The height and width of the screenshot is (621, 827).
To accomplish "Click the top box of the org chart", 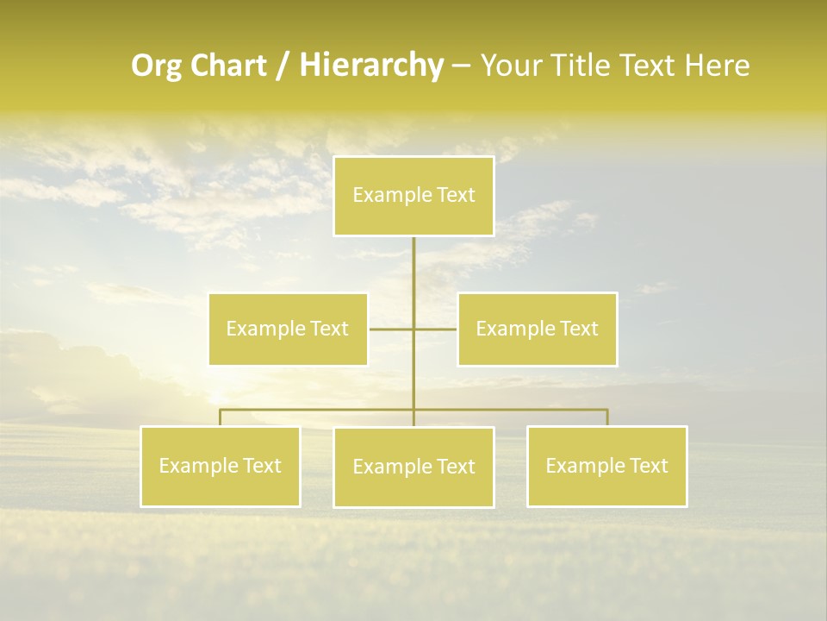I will [x=413, y=196].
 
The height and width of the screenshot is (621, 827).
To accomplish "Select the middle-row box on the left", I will [x=288, y=329].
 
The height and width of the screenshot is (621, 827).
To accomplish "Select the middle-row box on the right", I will [x=537, y=329].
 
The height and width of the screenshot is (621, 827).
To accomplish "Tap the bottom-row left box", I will [x=221, y=466].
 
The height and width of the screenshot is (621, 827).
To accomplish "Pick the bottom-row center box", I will [x=413, y=467].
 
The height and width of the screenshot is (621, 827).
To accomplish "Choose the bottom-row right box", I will [x=606, y=466].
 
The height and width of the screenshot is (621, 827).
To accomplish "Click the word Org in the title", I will [x=157, y=66].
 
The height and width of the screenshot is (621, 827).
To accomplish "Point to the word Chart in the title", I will [x=228, y=66].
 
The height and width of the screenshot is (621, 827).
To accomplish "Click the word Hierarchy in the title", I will [x=370, y=66].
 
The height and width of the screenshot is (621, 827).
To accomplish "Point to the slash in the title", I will [x=283, y=66].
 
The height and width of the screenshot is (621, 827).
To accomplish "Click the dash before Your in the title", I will [x=461, y=66].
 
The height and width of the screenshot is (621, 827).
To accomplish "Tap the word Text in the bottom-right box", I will [x=648, y=466].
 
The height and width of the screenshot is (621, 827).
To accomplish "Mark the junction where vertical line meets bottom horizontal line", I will [x=413, y=409].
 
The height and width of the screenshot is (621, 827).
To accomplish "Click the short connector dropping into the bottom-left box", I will [x=221, y=417].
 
